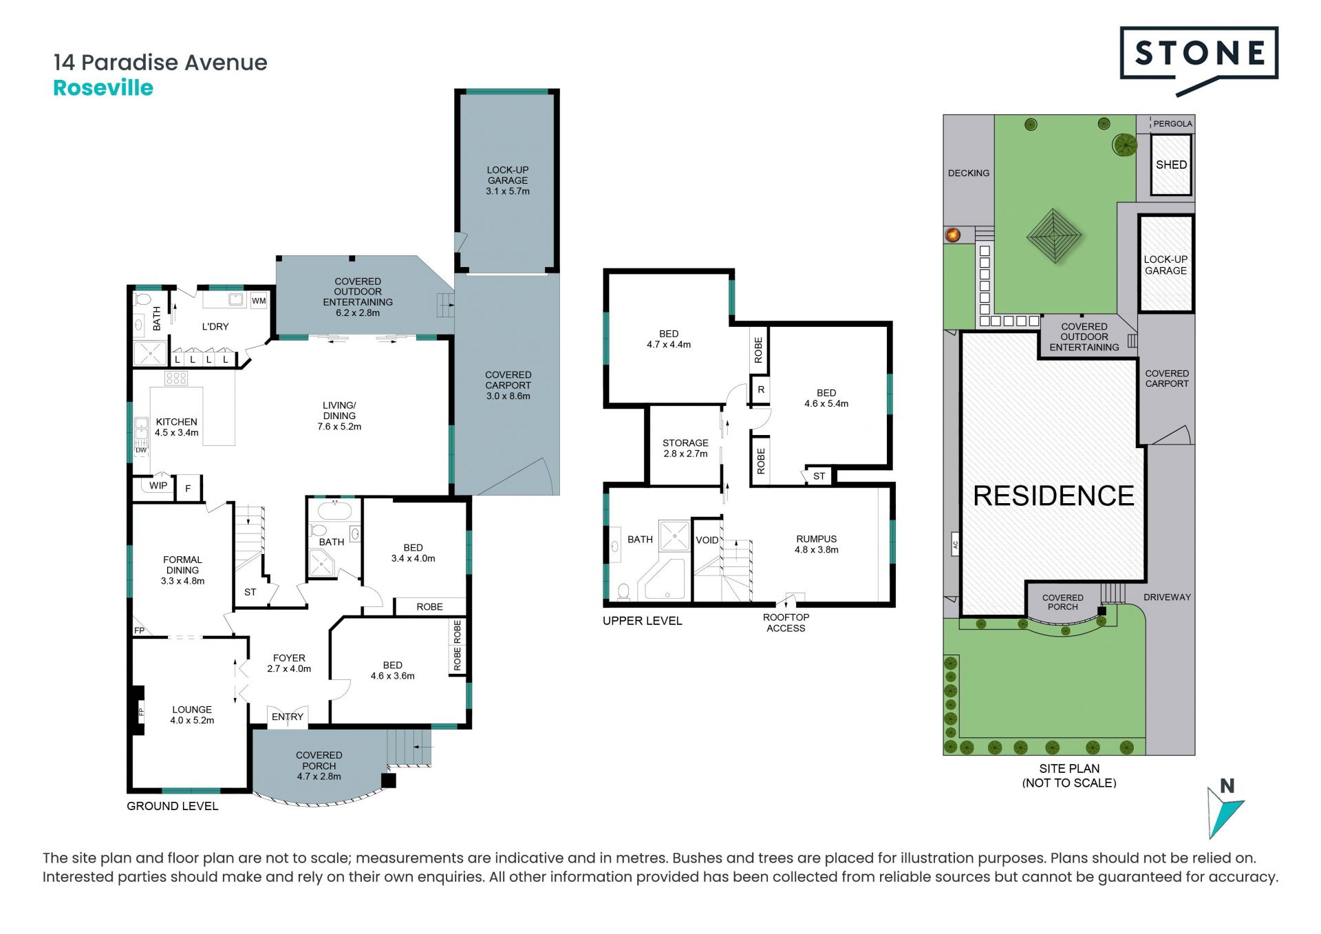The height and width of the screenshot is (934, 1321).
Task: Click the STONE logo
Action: (x=1199, y=61)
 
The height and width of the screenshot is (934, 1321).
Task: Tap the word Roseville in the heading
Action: (x=103, y=88)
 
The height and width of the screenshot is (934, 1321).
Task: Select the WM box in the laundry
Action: (x=259, y=301)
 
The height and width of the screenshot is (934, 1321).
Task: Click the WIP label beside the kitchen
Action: (x=158, y=485)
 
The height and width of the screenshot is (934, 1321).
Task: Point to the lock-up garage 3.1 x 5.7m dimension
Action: (x=508, y=191)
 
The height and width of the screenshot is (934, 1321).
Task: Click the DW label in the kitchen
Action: (x=141, y=451)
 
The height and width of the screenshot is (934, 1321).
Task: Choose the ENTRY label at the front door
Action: (x=288, y=717)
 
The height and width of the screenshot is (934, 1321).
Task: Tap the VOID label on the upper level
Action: (x=707, y=540)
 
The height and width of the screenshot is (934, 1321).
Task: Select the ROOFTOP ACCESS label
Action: (x=786, y=623)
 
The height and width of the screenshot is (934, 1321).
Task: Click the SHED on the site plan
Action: (x=1171, y=165)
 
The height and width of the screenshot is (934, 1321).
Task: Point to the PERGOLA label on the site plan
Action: (x=1172, y=124)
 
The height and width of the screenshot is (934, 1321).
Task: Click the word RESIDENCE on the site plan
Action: (x=1053, y=496)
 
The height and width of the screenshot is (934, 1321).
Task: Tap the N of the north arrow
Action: (x=1227, y=785)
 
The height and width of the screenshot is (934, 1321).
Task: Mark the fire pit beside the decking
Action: (x=953, y=235)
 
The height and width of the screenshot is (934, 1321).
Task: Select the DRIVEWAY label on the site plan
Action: (x=1167, y=597)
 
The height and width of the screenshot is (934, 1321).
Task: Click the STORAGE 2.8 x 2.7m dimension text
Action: (x=685, y=454)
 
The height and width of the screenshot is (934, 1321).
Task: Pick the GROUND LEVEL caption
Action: (x=173, y=806)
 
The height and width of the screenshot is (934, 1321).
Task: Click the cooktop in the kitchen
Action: (x=176, y=378)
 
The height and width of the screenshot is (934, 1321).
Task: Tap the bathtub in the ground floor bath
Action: (x=334, y=511)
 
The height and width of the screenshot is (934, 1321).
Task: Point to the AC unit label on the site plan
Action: (x=955, y=544)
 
